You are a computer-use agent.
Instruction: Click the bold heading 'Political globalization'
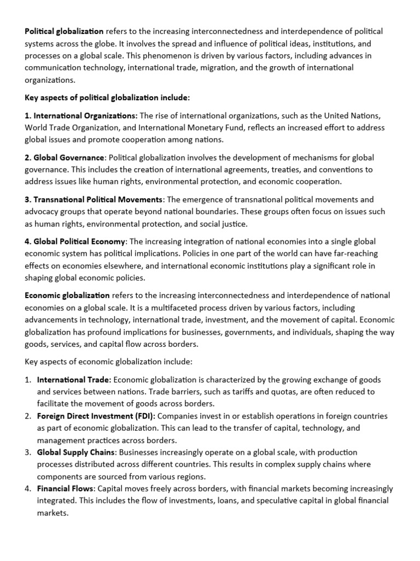pos(64,31)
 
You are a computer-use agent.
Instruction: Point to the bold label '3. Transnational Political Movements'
pos(94,199)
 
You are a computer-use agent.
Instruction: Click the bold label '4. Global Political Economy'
pos(75,242)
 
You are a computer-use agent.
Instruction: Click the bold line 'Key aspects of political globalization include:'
pos(107,98)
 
